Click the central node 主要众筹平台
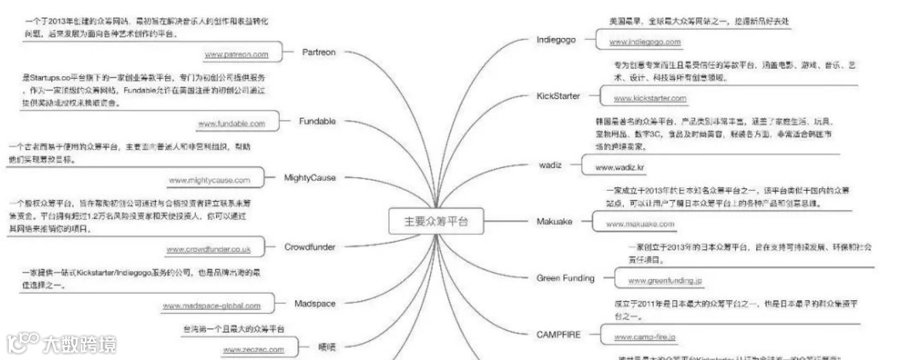pyautogui.click(x=436, y=221)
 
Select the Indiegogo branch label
pyautogui.click(x=556, y=39)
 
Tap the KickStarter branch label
pyautogui.click(x=558, y=96)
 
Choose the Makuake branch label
pyautogui.click(x=554, y=221)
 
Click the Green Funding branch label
pyautogui.click(x=565, y=278)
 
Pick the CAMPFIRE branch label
pyautogui.click(x=559, y=334)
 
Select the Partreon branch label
pyautogui.click(x=319, y=52)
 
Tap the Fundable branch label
pyautogui.click(x=317, y=121)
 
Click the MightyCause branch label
pyautogui.click(x=310, y=177)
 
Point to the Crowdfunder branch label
pyautogui.click(x=310, y=247)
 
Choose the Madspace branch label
pyautogui.click(x=315, y=303)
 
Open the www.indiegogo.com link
pyautogui.click(x=645, y=42)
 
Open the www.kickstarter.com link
pyautogui.click(x=650, y=98)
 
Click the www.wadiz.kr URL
pyautogui.click(x=620, y=167)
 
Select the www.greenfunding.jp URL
pyautogui.click(x=665, y=280)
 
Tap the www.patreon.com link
pyautogui.click(x=236, y=54)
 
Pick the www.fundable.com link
pyautogui.click(x=231, y=124)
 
